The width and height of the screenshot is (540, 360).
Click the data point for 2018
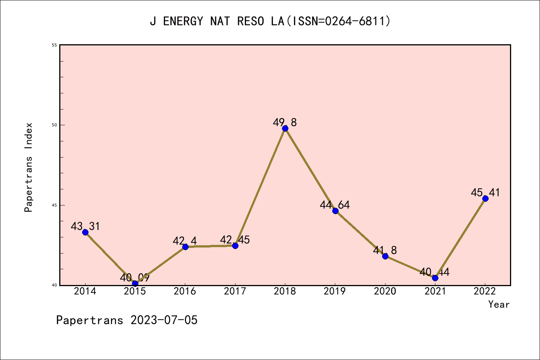285,128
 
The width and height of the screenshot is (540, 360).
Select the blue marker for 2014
85,232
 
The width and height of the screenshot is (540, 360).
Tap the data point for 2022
485,198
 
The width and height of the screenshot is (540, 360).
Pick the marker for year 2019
335,211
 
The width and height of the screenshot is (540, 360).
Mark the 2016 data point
185,246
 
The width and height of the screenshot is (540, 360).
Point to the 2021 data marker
435,278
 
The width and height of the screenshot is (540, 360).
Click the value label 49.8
285,122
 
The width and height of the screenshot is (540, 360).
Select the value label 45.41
485,193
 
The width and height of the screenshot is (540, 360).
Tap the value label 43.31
85,226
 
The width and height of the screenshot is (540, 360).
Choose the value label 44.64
334,205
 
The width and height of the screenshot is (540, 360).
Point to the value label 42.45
235,240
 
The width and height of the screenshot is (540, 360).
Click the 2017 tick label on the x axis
235,291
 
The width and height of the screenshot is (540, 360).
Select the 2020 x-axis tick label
385,291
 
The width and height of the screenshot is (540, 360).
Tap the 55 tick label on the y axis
54,45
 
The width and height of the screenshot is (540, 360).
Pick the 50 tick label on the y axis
54,125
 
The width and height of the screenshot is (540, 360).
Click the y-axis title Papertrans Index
28,167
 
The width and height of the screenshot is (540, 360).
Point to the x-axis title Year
499,304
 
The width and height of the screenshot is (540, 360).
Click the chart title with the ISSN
270,21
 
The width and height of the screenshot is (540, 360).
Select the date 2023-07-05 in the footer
164,320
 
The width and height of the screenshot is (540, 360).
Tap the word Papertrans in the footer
90,320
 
